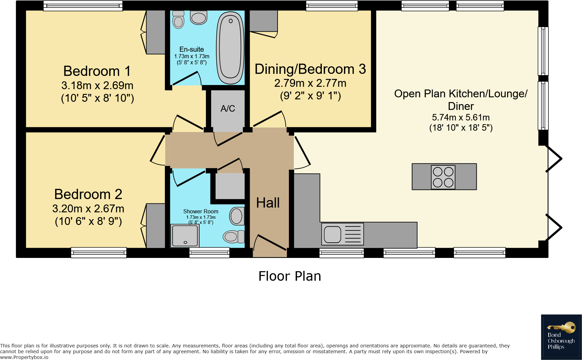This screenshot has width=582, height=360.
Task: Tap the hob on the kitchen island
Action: coord(443,177)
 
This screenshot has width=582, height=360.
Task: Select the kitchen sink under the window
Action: coord(343,234)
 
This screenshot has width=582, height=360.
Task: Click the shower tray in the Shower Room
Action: coord(185,236)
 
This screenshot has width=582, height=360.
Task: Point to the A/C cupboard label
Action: coord(227,108)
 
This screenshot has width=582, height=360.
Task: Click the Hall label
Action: coord(268,203)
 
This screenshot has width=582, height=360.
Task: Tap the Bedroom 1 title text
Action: coord(97,71)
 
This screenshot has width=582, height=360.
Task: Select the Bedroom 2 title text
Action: coord(88,194)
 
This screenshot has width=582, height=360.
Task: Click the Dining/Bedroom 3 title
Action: coord(310,69)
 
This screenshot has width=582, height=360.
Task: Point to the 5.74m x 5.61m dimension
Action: coord(461,117)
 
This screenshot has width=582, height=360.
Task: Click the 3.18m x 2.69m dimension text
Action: coord(97,85)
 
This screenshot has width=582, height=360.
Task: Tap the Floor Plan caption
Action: coord(290,276)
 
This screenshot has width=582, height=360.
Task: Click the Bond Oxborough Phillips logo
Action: coord(561,337)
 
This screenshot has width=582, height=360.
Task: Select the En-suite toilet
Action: coord(178,19)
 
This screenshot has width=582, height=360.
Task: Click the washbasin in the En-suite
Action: coord(199,18)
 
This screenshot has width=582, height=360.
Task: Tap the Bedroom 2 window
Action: coord(99,252)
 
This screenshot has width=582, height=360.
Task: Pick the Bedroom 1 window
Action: coord(83,6)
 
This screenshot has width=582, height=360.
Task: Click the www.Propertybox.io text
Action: coord(24,357)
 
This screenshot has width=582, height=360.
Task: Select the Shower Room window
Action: coord(209,252)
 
